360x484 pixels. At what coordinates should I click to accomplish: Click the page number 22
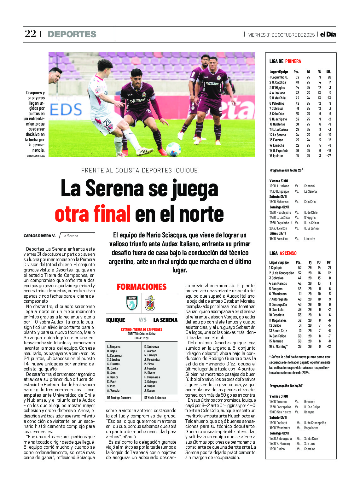[31, 34]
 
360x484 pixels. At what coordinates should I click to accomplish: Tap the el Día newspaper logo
[328, 34]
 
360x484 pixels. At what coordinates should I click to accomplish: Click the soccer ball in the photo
[173, 149]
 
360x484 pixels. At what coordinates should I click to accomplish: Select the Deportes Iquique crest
[132, 303]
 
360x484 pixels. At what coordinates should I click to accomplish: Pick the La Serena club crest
[150, 303]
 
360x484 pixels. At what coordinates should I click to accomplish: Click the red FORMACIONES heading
[142, 287]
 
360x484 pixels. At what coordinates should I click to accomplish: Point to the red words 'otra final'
[93, 214]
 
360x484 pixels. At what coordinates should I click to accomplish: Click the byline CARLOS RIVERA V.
[39, 236]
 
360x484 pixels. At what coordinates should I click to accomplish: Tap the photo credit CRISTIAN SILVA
[36, 156]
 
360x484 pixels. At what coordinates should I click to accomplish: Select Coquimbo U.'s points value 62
[297, 77]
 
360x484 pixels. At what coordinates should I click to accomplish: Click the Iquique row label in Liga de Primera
[276, 156]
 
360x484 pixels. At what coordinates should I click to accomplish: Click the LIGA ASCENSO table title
[283, 253]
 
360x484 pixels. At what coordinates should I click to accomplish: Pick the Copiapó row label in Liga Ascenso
[276, 268]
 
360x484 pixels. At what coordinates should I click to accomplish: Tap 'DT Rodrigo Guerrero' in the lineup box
[119, 398]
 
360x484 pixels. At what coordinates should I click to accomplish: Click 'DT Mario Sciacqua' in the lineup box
[155, 398]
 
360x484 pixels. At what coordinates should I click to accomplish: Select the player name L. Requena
[114, 347]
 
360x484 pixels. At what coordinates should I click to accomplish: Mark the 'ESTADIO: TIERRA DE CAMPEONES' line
[142, 329]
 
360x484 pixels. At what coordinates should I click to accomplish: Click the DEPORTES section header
[72, 34]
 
